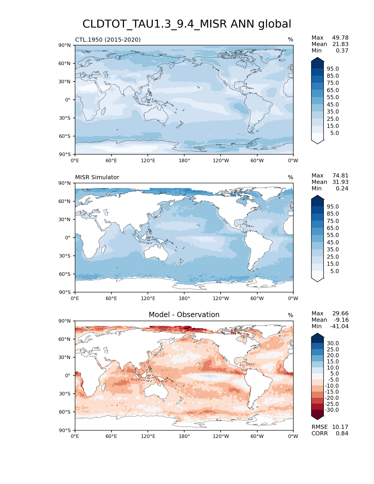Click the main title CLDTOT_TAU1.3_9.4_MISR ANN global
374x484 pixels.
point(187,24)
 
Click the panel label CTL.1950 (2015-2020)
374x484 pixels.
point(108,40)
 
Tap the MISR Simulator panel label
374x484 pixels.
point(97,177)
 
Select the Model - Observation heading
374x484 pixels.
point(184,315)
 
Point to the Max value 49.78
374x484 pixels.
point(340,38)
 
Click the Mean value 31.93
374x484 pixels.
point(340,182)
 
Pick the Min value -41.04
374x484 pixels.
point(339,326)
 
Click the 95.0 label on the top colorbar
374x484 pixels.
point(333,69)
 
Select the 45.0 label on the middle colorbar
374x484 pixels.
point(333,243)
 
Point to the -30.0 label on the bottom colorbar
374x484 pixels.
point(332,410)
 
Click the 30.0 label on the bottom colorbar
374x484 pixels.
point(333,343)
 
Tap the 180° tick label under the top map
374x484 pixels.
point(184,160)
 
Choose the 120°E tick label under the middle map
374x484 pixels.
point(148,299)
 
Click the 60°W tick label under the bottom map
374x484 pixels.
point(257,436)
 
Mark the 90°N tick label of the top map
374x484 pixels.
point(65,45)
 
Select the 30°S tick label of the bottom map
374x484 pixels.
point(65,394)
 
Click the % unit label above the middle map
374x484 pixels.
point(290,177)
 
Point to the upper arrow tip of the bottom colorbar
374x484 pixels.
point(317,334)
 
